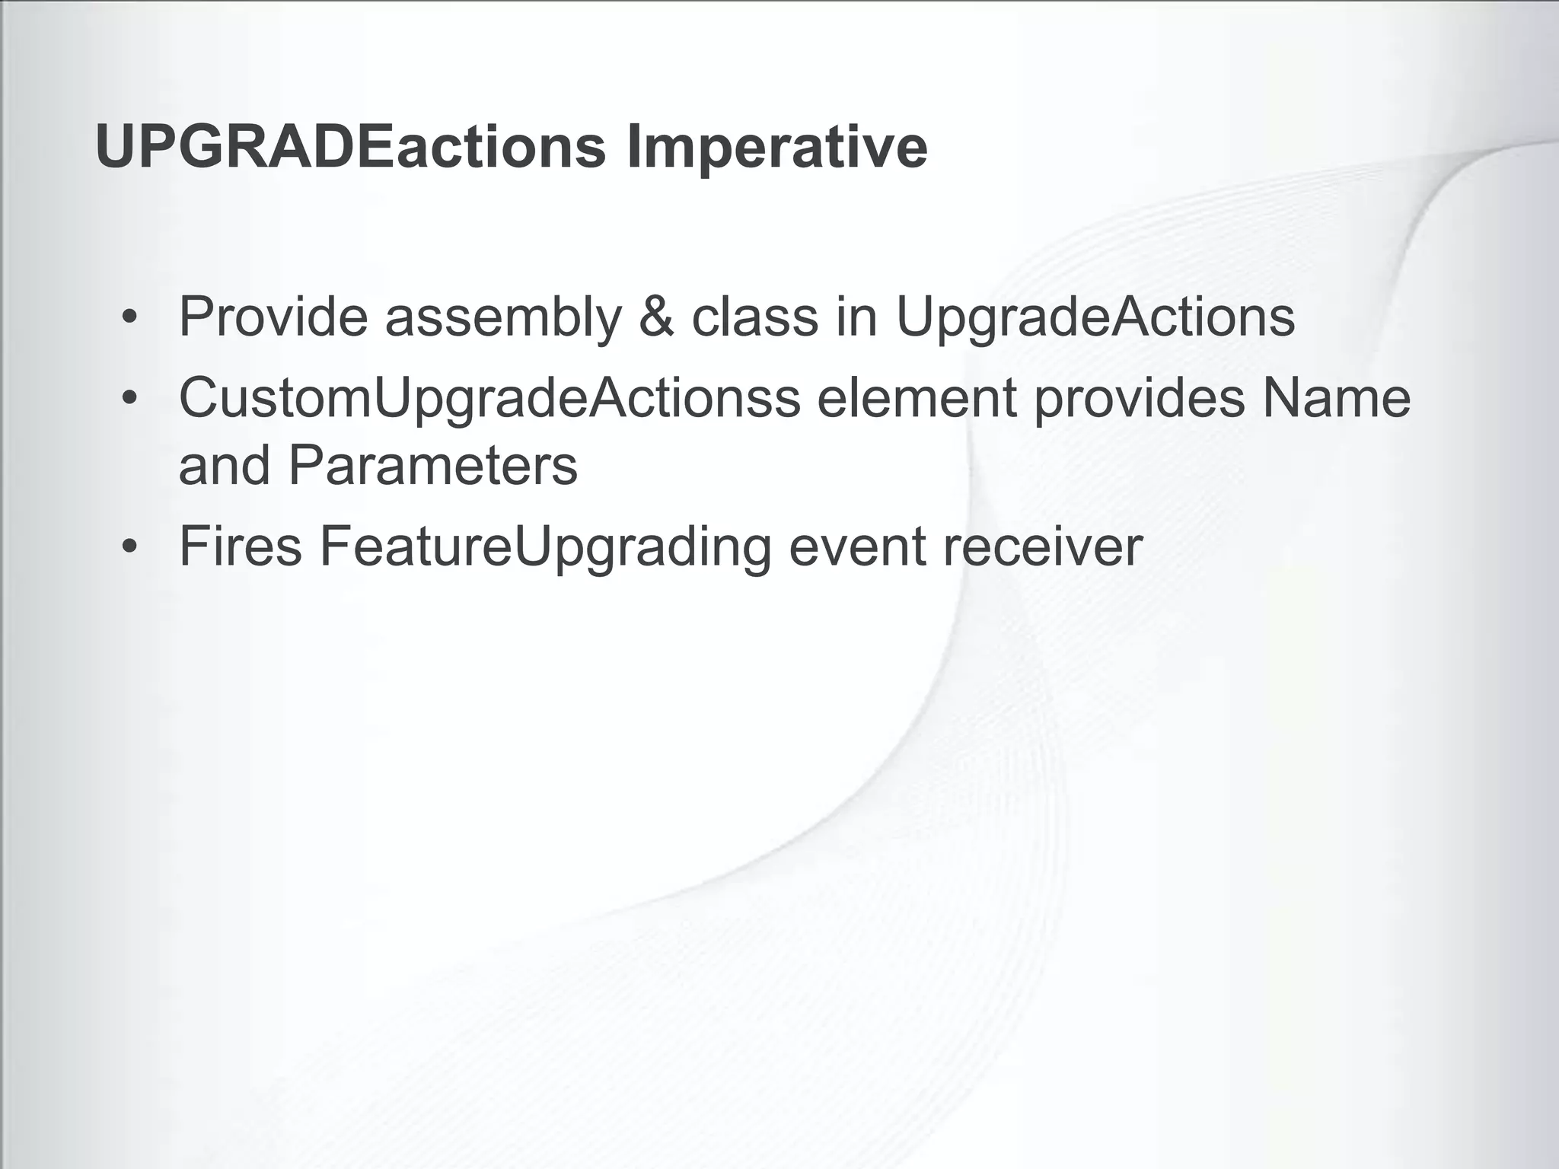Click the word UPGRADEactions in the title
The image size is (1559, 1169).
point(350,148)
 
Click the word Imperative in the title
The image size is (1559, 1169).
point(776,148)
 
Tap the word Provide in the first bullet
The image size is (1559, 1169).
point(273,317)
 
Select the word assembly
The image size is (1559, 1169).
point(503,317)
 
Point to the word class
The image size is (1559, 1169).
point(754,317)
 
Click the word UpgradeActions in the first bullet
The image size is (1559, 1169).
point(1095,317)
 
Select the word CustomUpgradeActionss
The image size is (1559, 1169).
point(489,399)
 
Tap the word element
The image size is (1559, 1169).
point(917,399)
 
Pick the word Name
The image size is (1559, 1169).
point(1336,399)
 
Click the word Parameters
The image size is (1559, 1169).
point(432,466)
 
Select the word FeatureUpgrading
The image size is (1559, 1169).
point(545,546)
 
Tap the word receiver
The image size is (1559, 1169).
point(1043,546)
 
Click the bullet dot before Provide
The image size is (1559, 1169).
point(130,318)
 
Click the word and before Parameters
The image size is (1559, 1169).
point(224,466)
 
